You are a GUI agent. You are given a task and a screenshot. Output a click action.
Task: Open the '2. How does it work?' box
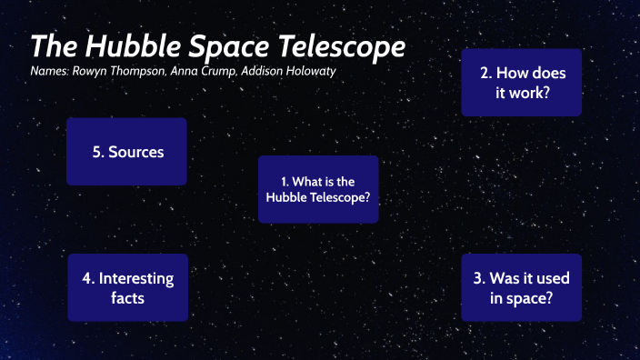(521, 82)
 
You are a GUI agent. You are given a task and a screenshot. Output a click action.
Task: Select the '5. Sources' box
(127, 152)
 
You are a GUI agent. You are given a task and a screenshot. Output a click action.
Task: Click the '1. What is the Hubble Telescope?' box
(318, 189)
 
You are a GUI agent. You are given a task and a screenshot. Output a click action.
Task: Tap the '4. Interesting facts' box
(127, 287)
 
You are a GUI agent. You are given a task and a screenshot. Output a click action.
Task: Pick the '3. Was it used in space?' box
(521, 287)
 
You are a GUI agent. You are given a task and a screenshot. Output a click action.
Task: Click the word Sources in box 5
(136, 152)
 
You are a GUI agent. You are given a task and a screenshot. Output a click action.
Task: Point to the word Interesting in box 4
(135, 278)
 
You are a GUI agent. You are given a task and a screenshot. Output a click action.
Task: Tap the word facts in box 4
(127, 297)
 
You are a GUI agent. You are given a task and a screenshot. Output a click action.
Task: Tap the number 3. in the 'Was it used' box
(479, 278)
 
